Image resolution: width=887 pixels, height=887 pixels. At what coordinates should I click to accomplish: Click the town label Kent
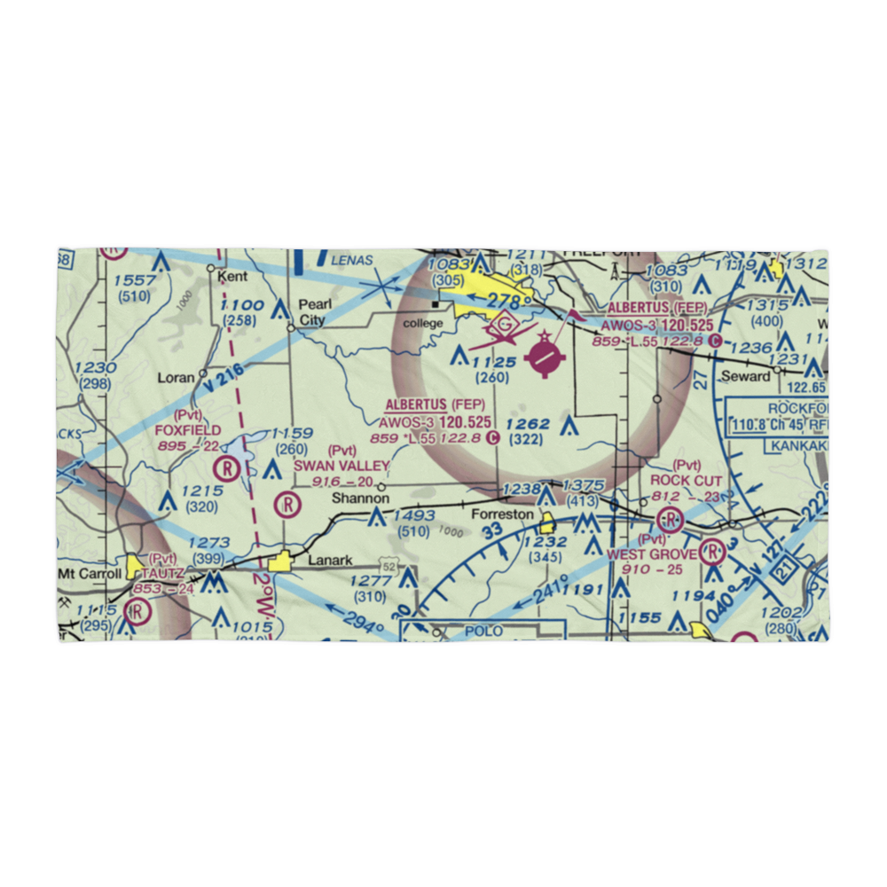[233, 277]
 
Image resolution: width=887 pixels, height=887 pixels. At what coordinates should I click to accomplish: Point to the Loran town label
[176, 377]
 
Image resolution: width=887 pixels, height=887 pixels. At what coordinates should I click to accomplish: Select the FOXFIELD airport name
[187, 429]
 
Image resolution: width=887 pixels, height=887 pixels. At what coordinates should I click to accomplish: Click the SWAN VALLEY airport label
[341, 466]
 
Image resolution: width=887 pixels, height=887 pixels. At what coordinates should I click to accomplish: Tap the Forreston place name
[502, 514]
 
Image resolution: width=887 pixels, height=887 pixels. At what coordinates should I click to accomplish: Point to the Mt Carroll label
[90, 573]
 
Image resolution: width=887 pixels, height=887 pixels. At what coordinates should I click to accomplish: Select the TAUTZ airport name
[161, 573]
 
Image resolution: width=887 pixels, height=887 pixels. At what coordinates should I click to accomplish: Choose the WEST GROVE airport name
[652, 554]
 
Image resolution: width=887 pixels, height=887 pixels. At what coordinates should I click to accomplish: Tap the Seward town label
[745, 376]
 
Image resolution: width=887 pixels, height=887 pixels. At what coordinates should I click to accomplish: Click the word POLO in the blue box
[483, 631]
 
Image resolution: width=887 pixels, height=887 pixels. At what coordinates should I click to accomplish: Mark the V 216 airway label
[222, 383]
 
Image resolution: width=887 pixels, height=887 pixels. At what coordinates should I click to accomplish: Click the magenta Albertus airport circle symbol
[545, 357]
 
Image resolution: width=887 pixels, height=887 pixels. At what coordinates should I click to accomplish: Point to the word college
[422, 323]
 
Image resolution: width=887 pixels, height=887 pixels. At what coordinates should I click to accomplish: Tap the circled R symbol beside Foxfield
[231, 467]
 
